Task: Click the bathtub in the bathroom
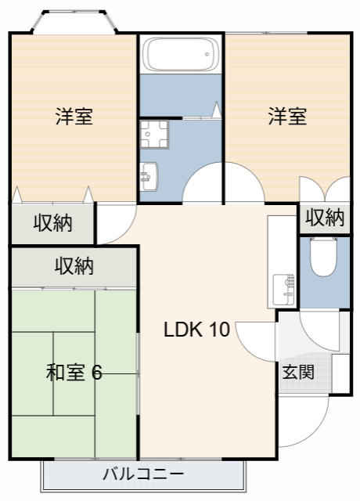[182, 53]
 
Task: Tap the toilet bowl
[322, 258]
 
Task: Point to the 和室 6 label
[74, 372]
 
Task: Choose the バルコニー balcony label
[143, 474]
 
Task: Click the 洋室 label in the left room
[74, 117]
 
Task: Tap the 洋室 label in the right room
[287, 117]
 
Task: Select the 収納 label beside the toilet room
[324, 218]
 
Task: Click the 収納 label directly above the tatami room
[74, 266]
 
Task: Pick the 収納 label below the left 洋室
[52, 223]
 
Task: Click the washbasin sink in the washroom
[149, 175]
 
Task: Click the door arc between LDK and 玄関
[257, 341]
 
